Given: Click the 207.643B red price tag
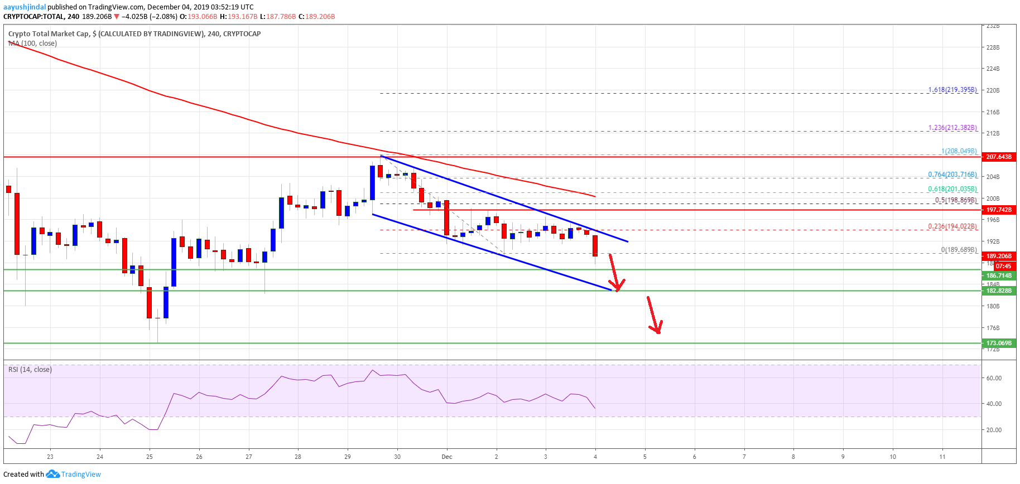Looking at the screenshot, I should pyautogui.click(x=998, y=157).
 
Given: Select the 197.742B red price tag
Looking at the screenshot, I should pyautogui.click(x=998, y=210).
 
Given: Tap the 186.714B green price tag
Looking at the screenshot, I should pyautogui.click(x=998, y=275).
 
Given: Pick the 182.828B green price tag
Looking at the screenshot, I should pyautogui.click(x=998, y=291).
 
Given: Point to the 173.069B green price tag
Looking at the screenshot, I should pyautogui.click(x=998, y=343).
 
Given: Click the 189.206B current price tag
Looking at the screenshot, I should pyautogui.click(x=998, y=256).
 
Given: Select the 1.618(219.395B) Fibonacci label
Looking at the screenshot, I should pyautogui.click(x=952, y=90).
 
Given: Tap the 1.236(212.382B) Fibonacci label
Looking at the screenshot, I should pyautogui.click(x=952, y=128).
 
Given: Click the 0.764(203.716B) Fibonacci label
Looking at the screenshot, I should pyautogui.click(x=952, y=175).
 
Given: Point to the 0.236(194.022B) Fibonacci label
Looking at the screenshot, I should pyautogui.click(x=952, y=226).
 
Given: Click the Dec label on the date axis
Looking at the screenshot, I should pyautogui.click(x=447, y=457).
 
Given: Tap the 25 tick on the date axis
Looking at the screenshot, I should pyautogui.click(x=150, y=457).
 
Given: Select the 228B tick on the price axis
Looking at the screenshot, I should pyautogui.click(x=993, y=47).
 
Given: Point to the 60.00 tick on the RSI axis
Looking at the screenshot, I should pyautogui.click(x=994, y=378).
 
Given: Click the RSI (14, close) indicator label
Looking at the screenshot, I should pyautogui.click(x=30, y=370).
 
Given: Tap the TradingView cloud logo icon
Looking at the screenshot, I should pyautogui.click(x=52, y=474).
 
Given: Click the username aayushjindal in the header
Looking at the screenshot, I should pyautogui.click(x=25, y=7).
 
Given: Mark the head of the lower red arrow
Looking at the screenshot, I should pyautogui.click(x=658, y=332).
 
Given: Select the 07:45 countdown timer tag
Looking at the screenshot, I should pyautogui.click(x=1003, y=266).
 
